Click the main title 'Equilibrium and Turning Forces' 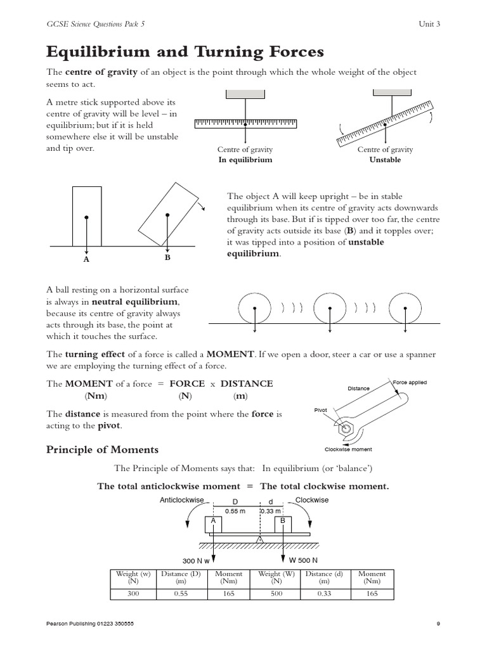177,51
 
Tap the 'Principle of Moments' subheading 102,449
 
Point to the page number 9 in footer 438,624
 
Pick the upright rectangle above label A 86,215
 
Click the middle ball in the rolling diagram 330,307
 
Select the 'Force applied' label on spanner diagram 409,383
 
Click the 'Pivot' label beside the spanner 321,410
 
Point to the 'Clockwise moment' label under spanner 348,449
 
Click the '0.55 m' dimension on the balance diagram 235,511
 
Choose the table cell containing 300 133,594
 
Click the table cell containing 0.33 324,594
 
